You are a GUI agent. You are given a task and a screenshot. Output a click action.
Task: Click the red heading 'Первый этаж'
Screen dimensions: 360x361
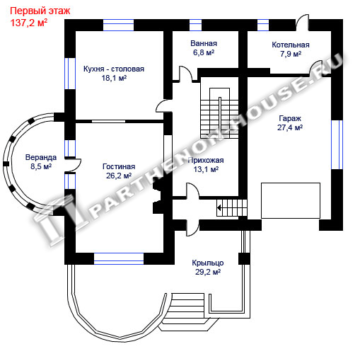coord(40,11)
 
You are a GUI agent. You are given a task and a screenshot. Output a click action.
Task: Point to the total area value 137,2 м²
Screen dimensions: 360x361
coord(29,23)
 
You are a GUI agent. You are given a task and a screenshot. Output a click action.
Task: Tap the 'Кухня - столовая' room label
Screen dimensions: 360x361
coord(114,69)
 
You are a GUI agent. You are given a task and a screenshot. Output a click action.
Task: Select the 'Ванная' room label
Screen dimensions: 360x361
coord(204,43)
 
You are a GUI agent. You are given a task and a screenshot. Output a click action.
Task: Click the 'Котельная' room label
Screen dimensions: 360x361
coord(291,45)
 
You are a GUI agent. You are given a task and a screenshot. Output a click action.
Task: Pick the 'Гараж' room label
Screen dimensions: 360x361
coord(290,118)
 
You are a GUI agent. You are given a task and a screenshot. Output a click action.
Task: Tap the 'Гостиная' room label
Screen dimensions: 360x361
coord(119,166)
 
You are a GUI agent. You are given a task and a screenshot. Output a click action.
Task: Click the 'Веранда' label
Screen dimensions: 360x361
coord(41,157)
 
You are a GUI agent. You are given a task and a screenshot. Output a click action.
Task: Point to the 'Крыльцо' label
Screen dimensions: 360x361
coord(208,263)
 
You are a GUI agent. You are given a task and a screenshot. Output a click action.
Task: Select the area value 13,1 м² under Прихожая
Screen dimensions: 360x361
coord(206,169)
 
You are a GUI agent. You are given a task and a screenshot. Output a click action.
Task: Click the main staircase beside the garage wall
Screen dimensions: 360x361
coord(219,113)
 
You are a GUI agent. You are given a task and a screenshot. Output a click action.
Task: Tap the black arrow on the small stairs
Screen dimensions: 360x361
coord(219,208)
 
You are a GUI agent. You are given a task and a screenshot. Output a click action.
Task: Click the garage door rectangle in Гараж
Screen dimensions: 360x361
coord(291,200)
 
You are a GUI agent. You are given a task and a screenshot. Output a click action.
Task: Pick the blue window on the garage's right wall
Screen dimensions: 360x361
coord(337,144)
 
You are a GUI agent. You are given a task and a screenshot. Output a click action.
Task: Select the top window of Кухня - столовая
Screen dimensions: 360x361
coord(118,25)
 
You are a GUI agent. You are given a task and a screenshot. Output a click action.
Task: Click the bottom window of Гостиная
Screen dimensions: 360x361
coord(119,258)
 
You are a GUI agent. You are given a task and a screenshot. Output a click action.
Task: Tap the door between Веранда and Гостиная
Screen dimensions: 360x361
coord(73,165)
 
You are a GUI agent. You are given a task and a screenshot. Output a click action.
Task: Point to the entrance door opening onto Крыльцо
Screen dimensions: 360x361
coord(193,228)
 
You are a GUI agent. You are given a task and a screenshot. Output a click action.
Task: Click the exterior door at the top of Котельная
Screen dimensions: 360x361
coord(302,23)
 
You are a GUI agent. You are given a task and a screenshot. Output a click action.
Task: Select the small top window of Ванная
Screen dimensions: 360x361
coord(195,25)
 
